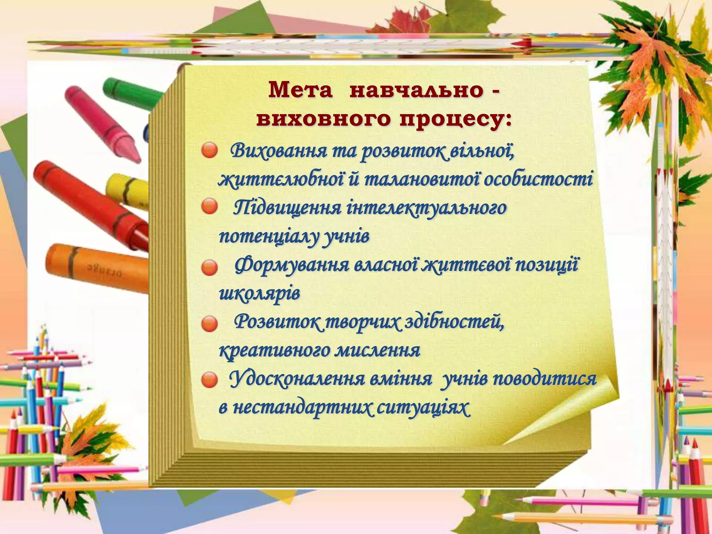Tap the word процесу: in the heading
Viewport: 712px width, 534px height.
(x=455, y=120)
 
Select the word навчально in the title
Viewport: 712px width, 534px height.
(x=416, y=91)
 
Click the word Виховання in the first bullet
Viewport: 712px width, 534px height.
(x=278, y=152)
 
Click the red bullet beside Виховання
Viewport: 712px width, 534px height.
(x=209, y=151)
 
